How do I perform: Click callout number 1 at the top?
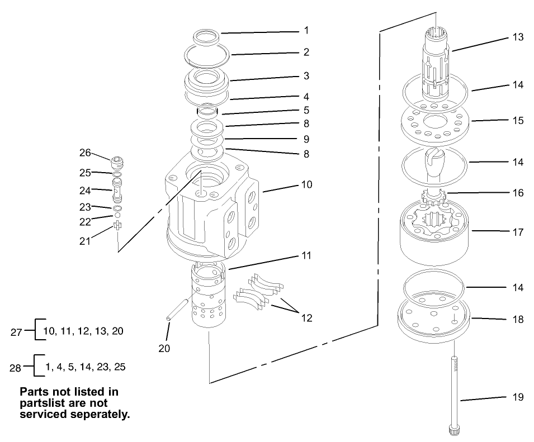click(306, 30)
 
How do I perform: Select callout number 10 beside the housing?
click(306, 184)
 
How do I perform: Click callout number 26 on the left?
click(85, 152)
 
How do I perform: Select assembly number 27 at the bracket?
click(16, 331)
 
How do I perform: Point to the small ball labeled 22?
click(117, 215)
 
